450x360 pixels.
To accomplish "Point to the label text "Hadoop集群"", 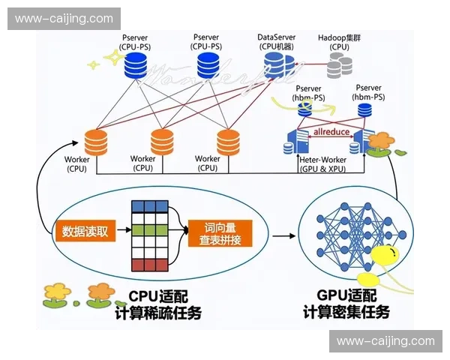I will click(339, 37).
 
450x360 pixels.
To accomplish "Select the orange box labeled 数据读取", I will click(85, 231).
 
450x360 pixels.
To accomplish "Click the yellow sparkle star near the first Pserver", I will click(94, 64).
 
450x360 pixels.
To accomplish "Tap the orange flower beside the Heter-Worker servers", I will click(381, 142).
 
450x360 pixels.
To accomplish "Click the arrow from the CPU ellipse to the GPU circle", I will click(283, 235).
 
